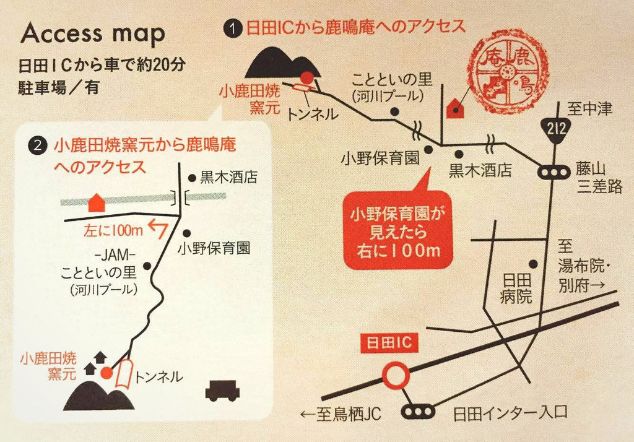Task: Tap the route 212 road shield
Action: click(x=557, y=129)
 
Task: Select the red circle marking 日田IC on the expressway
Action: click(x=396, y=375)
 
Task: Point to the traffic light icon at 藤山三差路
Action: click(x=554, y=173)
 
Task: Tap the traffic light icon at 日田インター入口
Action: click(x=418, y=412)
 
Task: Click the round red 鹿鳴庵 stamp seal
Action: click(x=508, y=76)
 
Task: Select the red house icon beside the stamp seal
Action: click(x=455, y=108)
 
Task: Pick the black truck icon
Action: click(x=222, y=391)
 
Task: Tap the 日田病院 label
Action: click(x=516, y=288)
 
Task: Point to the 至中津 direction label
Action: click(x=589, y=109)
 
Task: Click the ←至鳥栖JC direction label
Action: click(x=341, y=414)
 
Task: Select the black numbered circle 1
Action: click(x=233, y=28)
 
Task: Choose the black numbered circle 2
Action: click(x=38, y=145)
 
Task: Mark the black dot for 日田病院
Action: click(x=533, y=264)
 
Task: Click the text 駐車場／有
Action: click(x=59, y=87)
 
